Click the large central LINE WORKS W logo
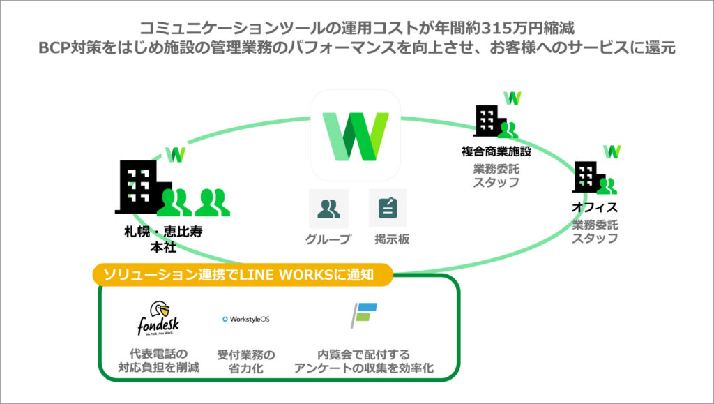click(356, 137)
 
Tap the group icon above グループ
click(328, 208)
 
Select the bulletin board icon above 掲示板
click(387, 208)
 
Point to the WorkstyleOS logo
click(245, 319)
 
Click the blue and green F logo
click(363, 316)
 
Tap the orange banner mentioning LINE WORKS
click(243, 275)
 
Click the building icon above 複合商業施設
click(491, 121)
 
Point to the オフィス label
click(595, 208)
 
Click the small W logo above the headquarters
click(176, 154)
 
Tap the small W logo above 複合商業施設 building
click(513, 97)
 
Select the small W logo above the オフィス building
click(612, 151)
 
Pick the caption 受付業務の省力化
click(245, 361)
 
